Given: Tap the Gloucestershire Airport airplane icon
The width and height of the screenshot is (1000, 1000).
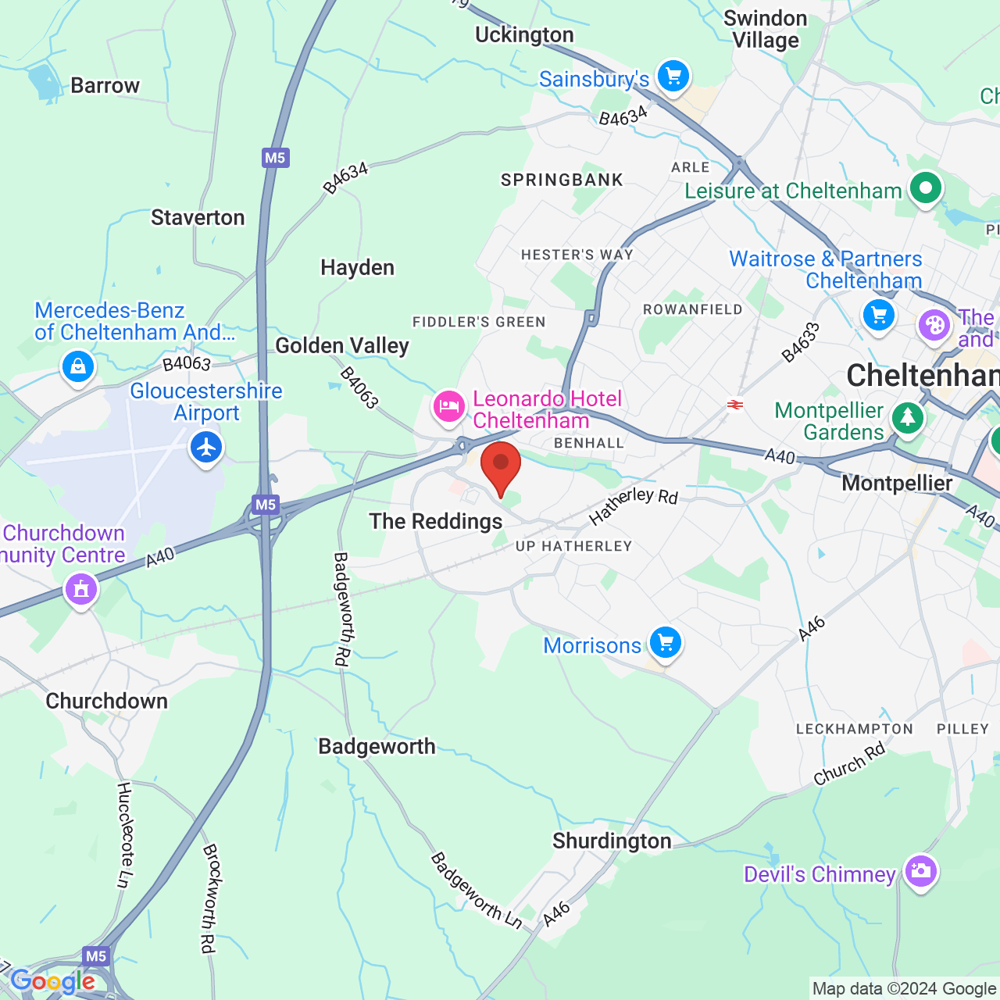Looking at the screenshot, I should [x=206, y=448].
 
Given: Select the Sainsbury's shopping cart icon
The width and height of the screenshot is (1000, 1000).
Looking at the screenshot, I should [x=673, y=77].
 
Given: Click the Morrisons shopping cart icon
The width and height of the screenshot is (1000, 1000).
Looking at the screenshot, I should [x=665, y=643].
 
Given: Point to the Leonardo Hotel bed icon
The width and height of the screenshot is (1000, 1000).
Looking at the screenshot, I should [x=449, y=406].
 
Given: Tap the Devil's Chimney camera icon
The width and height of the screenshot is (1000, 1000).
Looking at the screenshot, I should [x=920, y=870].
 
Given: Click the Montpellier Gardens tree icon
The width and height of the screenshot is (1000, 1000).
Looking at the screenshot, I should [x=907, y=417].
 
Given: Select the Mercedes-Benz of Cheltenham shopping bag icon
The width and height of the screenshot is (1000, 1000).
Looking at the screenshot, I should [x=78, y=366].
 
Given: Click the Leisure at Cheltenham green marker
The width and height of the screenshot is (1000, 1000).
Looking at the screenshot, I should [x=925, y=188].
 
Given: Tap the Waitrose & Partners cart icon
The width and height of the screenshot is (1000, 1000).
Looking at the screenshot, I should [x=879, y=316].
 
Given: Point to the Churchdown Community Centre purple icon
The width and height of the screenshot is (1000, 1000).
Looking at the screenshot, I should [x=81, y=588].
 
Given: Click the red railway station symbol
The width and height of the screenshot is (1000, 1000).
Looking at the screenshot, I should [x=734, y=405].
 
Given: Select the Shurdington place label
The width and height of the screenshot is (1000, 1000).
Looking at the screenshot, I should [x=612, y=841].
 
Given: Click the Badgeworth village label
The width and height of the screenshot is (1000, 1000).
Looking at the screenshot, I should [x=377, y=747].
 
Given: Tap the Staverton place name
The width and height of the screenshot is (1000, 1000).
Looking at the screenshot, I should [x=198, y=217].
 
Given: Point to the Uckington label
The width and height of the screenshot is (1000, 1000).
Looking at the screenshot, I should [x=524, y=35].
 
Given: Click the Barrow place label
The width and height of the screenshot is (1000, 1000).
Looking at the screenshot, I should [x=105, y=85].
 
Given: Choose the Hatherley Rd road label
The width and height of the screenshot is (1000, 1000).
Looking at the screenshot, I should [x=633, y=505].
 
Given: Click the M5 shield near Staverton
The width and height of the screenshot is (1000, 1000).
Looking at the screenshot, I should [x=275, y=158].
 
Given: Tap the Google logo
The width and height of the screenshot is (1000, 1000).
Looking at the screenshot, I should [x=53, y=981].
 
